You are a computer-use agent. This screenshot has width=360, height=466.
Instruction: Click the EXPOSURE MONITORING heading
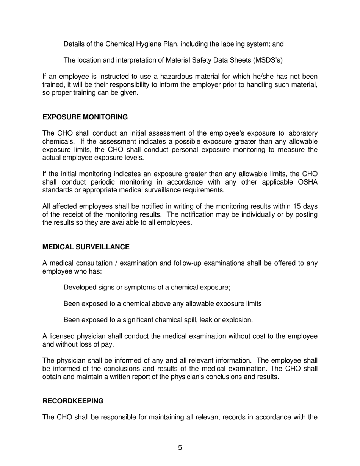(85, 117)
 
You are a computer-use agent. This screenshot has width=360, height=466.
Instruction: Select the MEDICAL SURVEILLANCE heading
(86, 247)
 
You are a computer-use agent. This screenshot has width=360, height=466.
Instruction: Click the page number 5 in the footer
(180, 448)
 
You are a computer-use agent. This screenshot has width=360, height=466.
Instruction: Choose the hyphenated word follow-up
(187, 263)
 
